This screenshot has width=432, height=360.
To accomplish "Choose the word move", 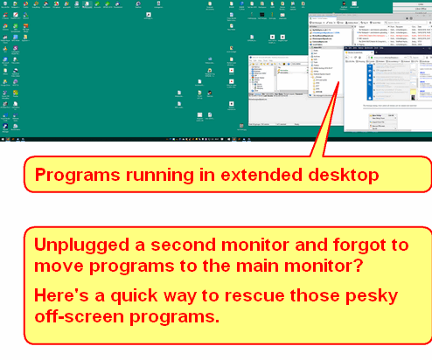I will tap(57, 265).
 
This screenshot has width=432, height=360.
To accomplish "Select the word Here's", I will tap(62, 292).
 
